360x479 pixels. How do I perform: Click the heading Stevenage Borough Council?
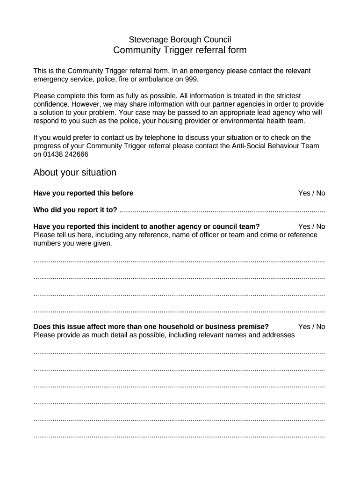(180, 40)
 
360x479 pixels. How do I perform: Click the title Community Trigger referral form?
(180, 51)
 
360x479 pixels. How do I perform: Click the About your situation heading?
(75, 173)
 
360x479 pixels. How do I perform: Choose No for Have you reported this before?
(320, 193)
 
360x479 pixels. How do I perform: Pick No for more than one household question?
(320, 327)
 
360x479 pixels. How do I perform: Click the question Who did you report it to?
(75, 210)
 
